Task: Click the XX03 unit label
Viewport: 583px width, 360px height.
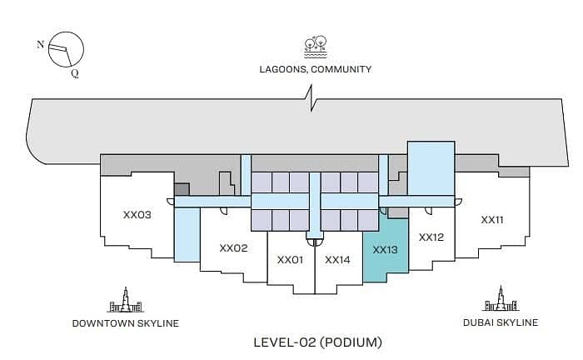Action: tap(137, 215)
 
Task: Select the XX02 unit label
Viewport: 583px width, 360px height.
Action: tap(233, 248)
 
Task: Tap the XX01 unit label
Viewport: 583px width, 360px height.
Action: tap(290, 260)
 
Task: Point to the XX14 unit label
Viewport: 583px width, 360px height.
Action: tap(337, 260)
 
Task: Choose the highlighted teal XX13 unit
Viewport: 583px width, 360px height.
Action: tap(385, 250)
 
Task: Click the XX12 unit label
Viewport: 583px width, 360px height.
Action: tap(431, 237)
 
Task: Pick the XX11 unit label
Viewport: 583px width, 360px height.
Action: tap(492, 220)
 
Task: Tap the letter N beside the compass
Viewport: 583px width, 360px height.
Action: tap(40, 45)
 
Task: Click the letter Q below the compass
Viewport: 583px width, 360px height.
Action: tap(75, 73)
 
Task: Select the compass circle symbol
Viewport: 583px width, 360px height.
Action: tap(66, 49)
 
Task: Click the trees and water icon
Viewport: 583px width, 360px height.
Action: tap(316, 47)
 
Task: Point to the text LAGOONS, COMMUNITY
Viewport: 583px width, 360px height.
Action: tap(316, 69)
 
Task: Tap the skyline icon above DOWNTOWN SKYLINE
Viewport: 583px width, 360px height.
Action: tap(126, 300)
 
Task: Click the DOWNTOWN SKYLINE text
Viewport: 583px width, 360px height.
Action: tap(126, 323)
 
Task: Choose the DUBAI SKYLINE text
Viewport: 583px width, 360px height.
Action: tap(501, 322)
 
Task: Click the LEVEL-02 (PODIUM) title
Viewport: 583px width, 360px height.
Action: tap(317, 342)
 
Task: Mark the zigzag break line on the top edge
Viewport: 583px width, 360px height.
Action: tap(311, 98)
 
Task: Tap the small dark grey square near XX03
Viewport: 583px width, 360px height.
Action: tap(182, 189)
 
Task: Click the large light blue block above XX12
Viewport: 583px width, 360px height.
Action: tap(431, 168)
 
